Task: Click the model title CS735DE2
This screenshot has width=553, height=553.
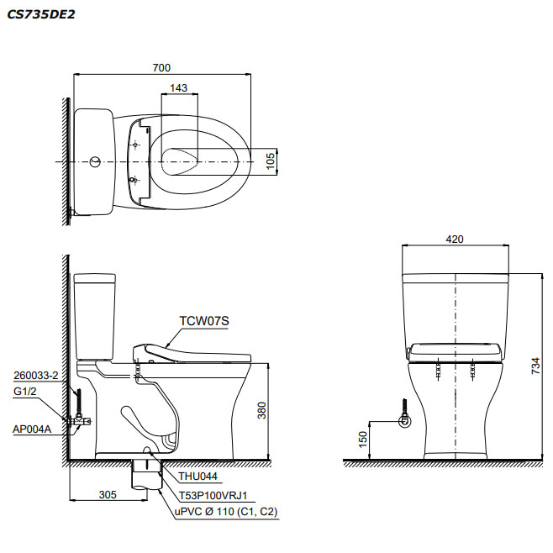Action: click(41, 14)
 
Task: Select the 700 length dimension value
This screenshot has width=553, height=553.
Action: click(161, 67)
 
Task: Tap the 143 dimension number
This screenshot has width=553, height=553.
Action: click(178, 87)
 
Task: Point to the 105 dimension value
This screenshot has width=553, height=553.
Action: click(271, 161)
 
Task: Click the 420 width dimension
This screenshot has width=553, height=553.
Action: click(455, 240)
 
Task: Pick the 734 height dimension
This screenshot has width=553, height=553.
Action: click(535, 366)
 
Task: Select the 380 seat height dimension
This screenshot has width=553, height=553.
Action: click(261, 410)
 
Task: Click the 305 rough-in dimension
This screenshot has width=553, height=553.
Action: click(108, 495)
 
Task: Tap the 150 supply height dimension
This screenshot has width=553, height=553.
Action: click(363, 440)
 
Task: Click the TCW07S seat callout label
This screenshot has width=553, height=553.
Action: click(204, 321)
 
